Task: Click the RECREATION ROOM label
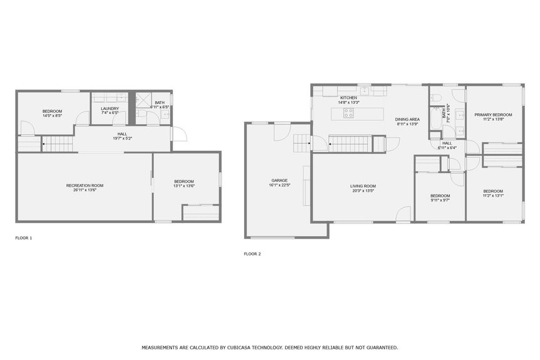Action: [x=84, y=185]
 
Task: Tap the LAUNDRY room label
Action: [x=110, y=108]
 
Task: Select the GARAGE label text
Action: [x=279, y=180]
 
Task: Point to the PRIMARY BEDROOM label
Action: [x=493, y=115]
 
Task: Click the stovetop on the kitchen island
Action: [x=348, y=113]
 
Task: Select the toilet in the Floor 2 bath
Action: [x=436, y=97]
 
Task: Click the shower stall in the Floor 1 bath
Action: [x=143, y=100]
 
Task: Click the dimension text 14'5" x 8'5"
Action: [x=52, y=116]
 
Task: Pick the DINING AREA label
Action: [x=407, y=119]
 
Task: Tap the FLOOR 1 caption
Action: [x=24, y=238]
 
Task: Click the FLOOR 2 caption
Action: [x=252, y=254]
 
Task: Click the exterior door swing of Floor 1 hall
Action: [x=179, y=134]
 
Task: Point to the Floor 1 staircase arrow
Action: [x=44, y=146]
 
